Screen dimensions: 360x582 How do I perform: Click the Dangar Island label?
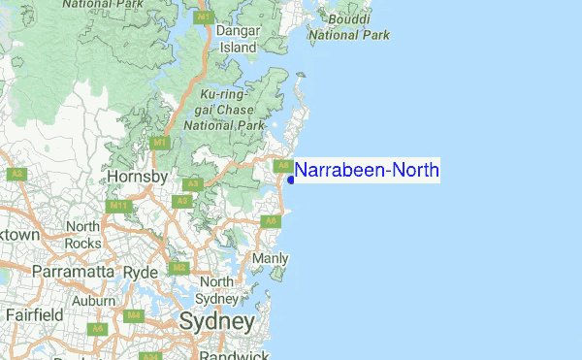238,39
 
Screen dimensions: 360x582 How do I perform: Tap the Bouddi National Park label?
349,27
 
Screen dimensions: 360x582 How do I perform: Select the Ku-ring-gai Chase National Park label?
230,110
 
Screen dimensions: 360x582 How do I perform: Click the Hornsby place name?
138,178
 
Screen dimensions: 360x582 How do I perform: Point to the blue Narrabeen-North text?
367,171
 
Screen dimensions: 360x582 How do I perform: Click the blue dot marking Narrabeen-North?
291,180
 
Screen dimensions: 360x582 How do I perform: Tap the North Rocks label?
82,234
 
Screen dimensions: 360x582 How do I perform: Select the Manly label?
270,259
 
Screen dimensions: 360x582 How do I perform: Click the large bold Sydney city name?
216,321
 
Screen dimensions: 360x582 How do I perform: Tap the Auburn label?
93,301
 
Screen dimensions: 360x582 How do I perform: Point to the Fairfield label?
34,315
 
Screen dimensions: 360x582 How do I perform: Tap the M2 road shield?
179,267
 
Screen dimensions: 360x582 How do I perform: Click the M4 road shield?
133,316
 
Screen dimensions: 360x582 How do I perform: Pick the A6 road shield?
97,329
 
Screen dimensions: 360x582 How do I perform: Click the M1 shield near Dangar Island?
204,17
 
